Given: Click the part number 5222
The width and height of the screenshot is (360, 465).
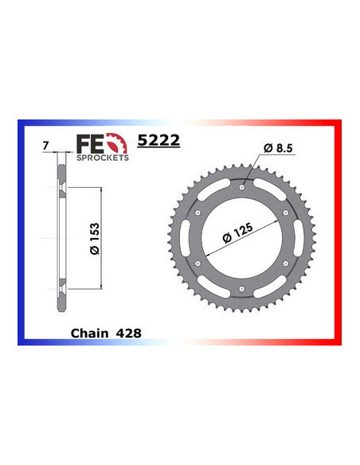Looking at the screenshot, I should [159, 141].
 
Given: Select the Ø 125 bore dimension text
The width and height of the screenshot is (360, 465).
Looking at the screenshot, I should [238, 232].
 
